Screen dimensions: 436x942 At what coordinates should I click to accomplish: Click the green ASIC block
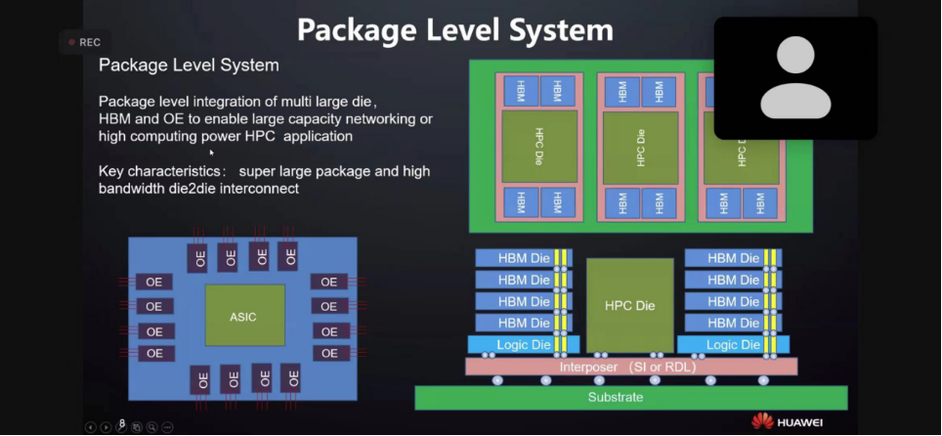[x=244, y=316]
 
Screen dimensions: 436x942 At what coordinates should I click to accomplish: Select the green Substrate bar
[x=630, y=397]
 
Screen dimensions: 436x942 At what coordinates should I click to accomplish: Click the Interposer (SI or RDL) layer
[x=630, y=367]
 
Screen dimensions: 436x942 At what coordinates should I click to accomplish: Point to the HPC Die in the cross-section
[x=629, y=305]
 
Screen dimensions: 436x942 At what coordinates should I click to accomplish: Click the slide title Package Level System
[x=454, y=29]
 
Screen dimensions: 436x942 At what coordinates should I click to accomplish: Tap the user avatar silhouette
[x=794, y=77]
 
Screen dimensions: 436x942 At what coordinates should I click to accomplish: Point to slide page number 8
[x=122, y=423]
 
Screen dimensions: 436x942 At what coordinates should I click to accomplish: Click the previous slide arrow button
[x=91, y=427]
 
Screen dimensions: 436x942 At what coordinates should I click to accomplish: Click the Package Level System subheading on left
[x=189, y=65]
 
